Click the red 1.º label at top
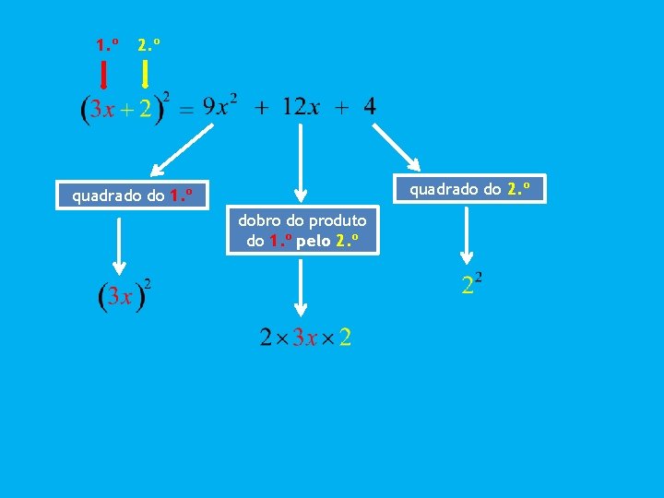[107, 44]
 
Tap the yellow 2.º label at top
[148, 44]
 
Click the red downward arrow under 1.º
[104, 75]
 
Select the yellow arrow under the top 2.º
[145, 75]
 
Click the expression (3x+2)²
[125, 110]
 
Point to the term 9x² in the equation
[219, 106]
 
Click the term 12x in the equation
[301, 107]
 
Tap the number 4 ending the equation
[369, 107]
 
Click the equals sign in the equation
[186, 110]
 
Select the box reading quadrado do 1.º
[133, 196]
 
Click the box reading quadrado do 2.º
[469, 190]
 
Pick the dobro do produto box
[302, 231]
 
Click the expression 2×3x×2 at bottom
[305, 338]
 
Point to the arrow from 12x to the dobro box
[301, 161]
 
